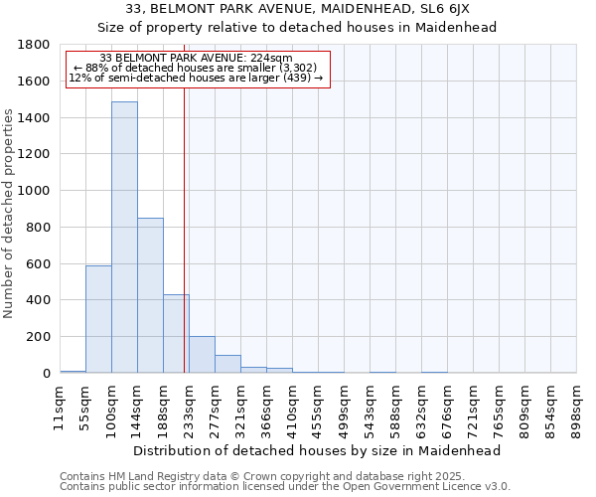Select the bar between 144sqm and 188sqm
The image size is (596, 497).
point(150,295)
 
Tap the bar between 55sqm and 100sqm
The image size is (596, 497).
point(98,319)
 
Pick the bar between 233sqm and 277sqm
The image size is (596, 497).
point(202,355)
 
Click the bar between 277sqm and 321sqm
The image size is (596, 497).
point(227,364)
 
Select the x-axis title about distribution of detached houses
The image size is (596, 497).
point(318,450)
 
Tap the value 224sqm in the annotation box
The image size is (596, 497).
point(272,59)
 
